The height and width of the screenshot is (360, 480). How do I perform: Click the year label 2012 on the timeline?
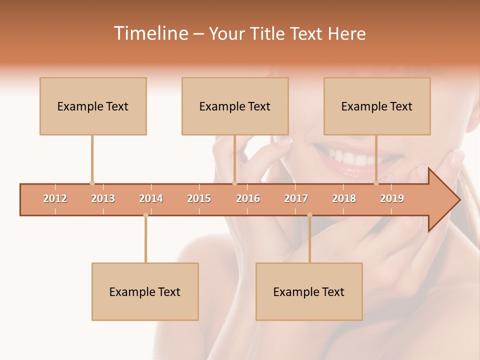(55, 199)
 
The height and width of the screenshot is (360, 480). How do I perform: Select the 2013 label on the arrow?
(103, 199)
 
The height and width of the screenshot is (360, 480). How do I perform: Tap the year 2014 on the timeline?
(151, 199)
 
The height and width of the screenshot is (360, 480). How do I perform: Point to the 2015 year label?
(199, 199)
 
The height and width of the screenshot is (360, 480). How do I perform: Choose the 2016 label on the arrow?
(248, 199)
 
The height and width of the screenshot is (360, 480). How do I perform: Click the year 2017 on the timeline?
(296, 199)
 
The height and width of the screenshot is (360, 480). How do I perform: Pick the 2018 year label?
(344, 199)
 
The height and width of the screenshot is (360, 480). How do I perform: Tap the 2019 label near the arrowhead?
(392, 199)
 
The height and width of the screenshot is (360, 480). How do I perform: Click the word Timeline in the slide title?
(150, 33)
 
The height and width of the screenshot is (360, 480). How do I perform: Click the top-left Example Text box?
(93, 106)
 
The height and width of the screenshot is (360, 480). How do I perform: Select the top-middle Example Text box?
(235, 106)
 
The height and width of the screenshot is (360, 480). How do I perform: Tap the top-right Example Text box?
(377, 106)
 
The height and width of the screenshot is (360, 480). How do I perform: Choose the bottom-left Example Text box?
(145, 291)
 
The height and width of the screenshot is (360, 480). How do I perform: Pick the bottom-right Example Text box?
(309, 291)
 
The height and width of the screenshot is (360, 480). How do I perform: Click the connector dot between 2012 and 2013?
(92, 183)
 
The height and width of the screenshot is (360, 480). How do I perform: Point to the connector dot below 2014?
(145, 215)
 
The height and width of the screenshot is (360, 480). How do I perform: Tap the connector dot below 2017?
(309, 215)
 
